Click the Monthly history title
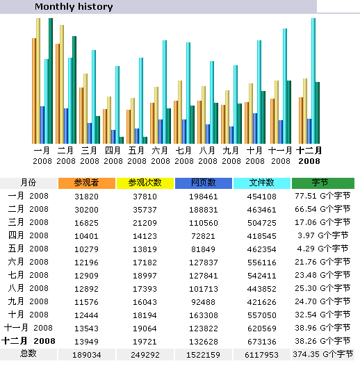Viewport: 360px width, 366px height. (x=74, y=7)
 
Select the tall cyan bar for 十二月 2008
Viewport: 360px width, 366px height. (x=313, y=81)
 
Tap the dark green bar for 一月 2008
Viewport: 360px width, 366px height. (x=51, y=81)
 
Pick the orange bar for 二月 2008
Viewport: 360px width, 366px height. (x=58, y=94)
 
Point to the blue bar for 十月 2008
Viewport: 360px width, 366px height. (x=255, y=128)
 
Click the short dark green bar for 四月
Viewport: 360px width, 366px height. (x=122, y=140)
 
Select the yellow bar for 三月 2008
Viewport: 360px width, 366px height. (x=85, y=108)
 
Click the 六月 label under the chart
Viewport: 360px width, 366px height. (x=160, y=150)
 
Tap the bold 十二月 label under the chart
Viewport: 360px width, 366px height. (x=309, y=150)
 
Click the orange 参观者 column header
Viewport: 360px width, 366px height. (x=87, y=183)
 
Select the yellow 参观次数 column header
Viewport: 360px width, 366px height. (x=145, y=183)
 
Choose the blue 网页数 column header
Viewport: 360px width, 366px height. (x=204, y=183)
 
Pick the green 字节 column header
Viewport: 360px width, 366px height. (x=323, y=183)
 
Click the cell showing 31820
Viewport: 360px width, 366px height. (x=86, y=197)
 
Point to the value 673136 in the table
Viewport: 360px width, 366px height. (x=261, y=342)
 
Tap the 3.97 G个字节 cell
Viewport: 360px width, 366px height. (x=323, y=235)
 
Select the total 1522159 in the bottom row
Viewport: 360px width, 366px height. (x=203, y=355)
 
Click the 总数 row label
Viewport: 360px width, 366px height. (x=28, y=353)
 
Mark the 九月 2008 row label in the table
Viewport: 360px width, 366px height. (x=28, y=301)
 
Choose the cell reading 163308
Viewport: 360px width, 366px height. (x=203, y=315)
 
